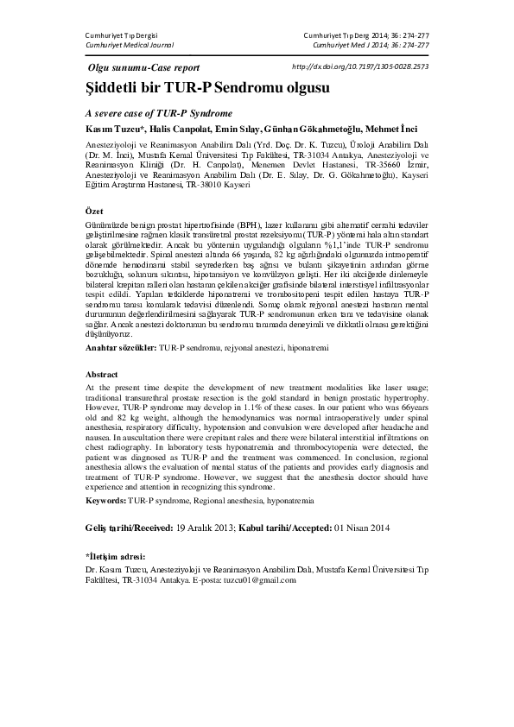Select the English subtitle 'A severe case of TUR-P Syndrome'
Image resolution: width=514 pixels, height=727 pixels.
click(x=159, y=113)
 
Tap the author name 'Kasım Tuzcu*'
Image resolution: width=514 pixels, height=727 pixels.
click(x=115, y=129)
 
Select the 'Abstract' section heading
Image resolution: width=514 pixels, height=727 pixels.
click(x=102, y=375)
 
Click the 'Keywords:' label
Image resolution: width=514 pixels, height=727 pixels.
click(x=107, y=500)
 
